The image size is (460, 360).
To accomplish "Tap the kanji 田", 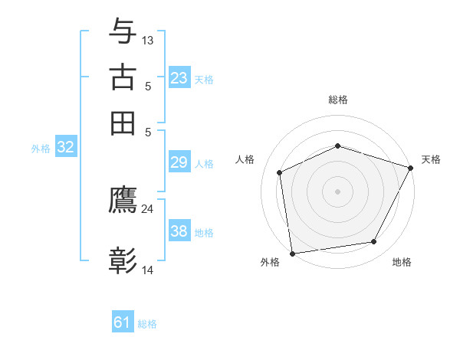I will [x=123, y=123].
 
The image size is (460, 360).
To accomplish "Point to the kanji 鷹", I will [x=123, y=200].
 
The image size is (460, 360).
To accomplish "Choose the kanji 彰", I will [x=123, y=261].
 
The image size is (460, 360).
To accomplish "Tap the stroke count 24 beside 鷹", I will [x=148, y=208].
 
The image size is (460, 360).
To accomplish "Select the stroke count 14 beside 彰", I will [x=148, y=270].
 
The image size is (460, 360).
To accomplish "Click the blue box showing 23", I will [x=179, y=78].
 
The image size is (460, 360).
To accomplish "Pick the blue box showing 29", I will [x=179, y=162].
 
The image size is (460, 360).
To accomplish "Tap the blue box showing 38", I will [x=179, y=231].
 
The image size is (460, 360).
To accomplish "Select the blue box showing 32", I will [x=66, y=148].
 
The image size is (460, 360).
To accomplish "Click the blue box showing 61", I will [x=123, y=322].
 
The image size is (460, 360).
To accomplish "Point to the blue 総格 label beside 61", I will [x=147, y=324].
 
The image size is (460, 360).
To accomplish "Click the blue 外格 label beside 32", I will [x=41, y=149].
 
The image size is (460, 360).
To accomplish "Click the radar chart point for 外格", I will [x=292, y=253].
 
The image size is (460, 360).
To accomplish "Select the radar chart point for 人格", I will [x=280, y=172].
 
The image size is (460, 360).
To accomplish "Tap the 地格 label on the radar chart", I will [x=402, y=263].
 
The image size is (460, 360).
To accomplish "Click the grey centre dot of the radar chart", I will [x=337, y=191].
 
